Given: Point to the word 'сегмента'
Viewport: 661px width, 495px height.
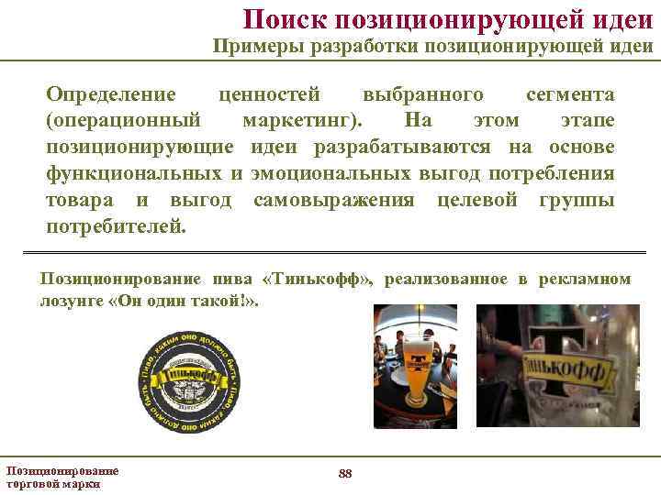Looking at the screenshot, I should [x=570, y=94].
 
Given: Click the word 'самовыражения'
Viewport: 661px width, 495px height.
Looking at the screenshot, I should [x=334, y=200].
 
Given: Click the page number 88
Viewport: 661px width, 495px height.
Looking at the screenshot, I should [x=345, y=473].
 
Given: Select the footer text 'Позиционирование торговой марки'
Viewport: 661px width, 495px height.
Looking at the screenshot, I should [x=62, y=477].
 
